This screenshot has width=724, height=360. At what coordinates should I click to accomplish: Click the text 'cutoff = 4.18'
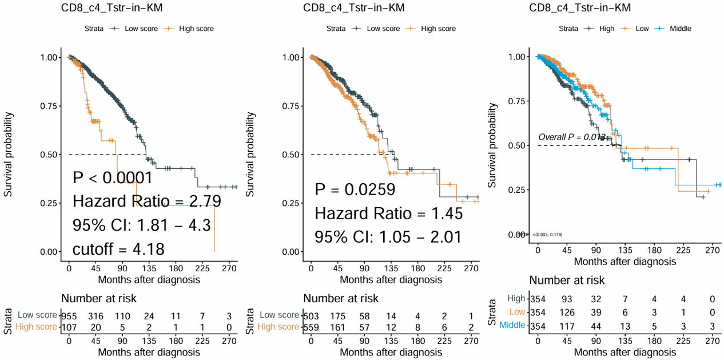click(118, 250)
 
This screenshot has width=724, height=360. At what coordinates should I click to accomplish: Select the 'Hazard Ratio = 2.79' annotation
click(146, 201)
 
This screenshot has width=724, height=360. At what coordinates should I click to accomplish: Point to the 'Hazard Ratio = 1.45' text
click(388, 214)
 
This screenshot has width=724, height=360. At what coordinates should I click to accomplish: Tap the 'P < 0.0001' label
click(112, 178)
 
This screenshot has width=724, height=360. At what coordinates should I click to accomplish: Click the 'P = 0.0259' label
click(355, 190)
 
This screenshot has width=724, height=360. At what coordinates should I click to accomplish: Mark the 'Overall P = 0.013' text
click(571, 137)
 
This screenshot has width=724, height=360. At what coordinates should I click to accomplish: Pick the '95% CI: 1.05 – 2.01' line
click(388, 237)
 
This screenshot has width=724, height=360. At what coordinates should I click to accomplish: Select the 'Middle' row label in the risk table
click(512, 325)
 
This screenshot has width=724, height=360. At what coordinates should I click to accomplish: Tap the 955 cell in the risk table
click(69, 315)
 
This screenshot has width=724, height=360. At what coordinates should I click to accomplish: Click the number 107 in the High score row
click(69, 327)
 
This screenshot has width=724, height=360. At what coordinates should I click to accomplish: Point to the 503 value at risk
click(311, 315)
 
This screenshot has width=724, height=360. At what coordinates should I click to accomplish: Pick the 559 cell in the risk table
click(311, 327)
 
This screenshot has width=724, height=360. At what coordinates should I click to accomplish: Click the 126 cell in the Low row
click(567, 312)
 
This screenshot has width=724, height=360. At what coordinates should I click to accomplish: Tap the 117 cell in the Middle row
click(567, 325)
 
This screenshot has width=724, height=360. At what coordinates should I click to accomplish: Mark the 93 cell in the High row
click(567, 299)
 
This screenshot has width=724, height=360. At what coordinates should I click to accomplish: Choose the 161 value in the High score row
click(337, 327)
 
